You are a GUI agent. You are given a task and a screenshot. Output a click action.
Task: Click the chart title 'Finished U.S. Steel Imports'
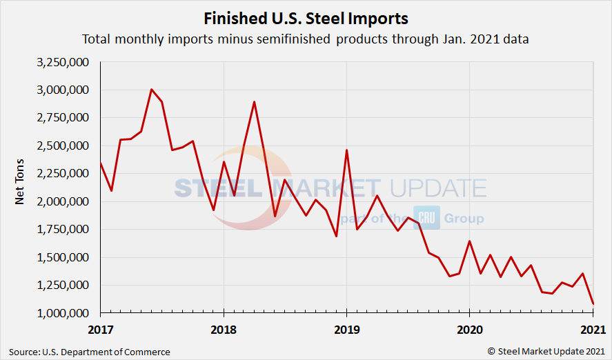(306, 17)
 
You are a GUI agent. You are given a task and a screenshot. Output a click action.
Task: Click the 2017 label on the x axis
(100, 328)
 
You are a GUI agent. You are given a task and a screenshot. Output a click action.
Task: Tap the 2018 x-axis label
(224, 328)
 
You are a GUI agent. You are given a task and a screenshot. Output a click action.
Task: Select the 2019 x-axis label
(346, 328)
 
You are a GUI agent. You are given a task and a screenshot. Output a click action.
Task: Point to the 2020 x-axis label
(469, 328)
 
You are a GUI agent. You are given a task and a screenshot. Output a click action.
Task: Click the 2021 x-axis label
(593, 328)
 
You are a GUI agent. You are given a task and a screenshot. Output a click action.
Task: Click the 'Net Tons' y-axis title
(20, 187)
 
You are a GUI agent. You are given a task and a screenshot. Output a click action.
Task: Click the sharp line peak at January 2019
(346, 150)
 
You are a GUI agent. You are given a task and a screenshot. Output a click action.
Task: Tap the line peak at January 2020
(469, 241)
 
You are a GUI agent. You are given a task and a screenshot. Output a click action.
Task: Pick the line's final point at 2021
(593, 304)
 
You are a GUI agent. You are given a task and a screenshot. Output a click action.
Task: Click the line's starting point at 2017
(101, 163)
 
